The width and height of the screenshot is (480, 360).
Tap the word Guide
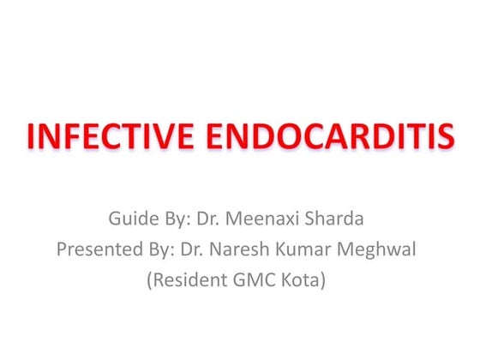point(131,219)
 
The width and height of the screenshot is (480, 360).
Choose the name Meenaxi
point(267,219)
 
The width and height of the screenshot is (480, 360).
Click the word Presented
point(95,249)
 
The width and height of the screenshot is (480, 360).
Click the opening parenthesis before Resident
point(152,280)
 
